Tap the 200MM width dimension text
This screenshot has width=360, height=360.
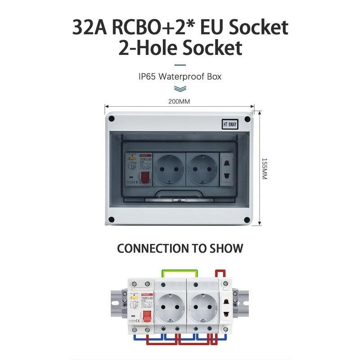pyautogui.click(x=179, y=101)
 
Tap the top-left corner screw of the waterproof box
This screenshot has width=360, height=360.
pyautogui.click(x=112, y=119)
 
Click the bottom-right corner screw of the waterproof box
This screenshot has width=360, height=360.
pyautogui.click(x=247, y=220)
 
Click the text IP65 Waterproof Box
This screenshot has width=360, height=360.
pyautogui.click(x=180, y=76)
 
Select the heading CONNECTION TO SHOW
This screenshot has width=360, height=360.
pyautogui.click(x=180, y=248)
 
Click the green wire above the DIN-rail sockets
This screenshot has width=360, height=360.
pyautogui.click(x=180, y=271)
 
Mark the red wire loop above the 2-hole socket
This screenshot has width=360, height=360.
pyautogui.click(x=220, y=273)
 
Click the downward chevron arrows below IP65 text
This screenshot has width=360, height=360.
pyautogui.click(x=180, y=88)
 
